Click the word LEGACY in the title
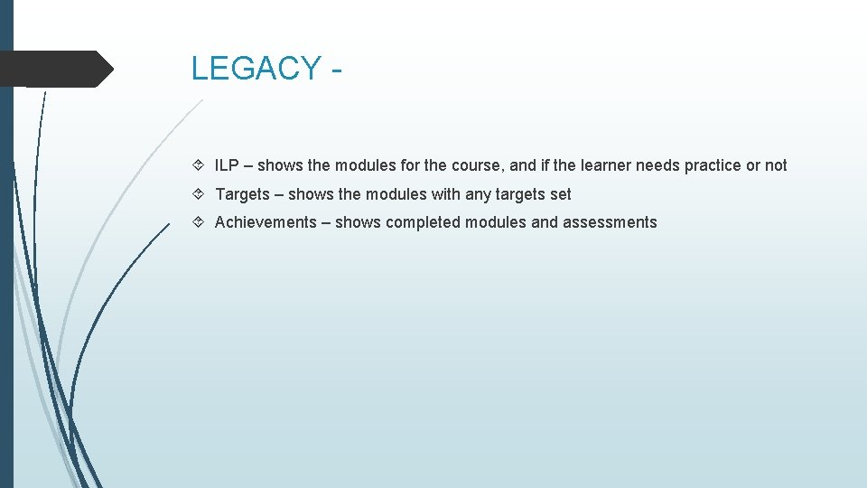(x=256, y=69)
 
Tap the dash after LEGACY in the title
(x=336, y=70)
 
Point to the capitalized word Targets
(x=242, y=194)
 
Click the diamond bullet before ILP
(x=199, y=165)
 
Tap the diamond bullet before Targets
(x=199, y=194)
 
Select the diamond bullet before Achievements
(x=199, y=222)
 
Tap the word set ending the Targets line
(x=560, y=194)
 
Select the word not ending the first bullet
(x=776, y=165)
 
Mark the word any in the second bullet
(x=478, y=194)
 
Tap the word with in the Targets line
(x=445, y=194)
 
